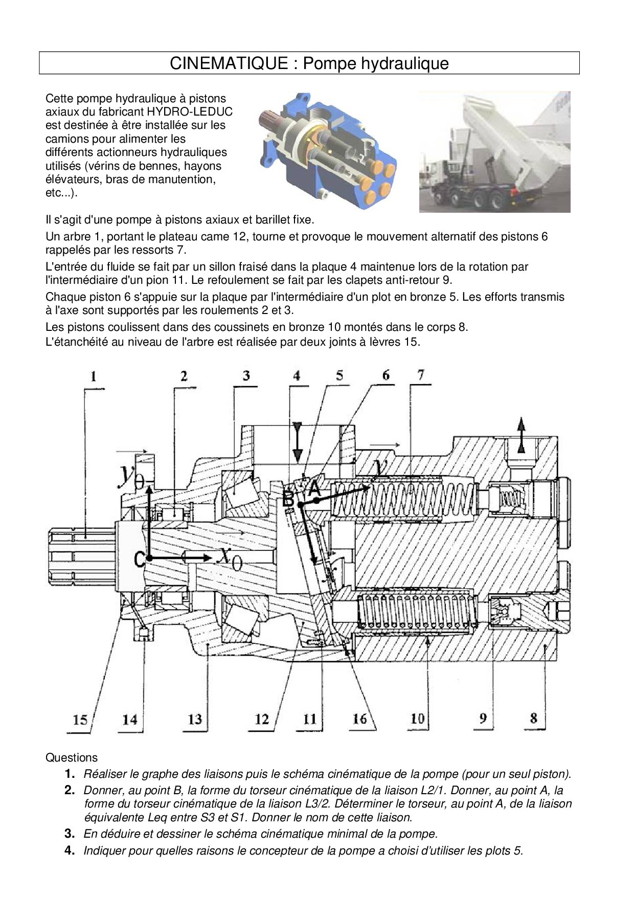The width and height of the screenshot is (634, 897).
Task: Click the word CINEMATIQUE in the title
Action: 229,63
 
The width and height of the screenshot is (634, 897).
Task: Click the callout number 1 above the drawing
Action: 93,377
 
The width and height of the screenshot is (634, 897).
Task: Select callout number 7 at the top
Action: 420,374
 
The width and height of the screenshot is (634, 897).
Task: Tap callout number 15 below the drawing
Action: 80,720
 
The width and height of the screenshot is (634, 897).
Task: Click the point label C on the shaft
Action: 139,560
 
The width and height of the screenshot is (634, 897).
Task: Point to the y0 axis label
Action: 130,475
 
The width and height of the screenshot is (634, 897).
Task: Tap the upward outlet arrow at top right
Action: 521,434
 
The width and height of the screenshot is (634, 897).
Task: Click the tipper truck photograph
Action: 494,152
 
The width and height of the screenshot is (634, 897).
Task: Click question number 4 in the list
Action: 70,851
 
